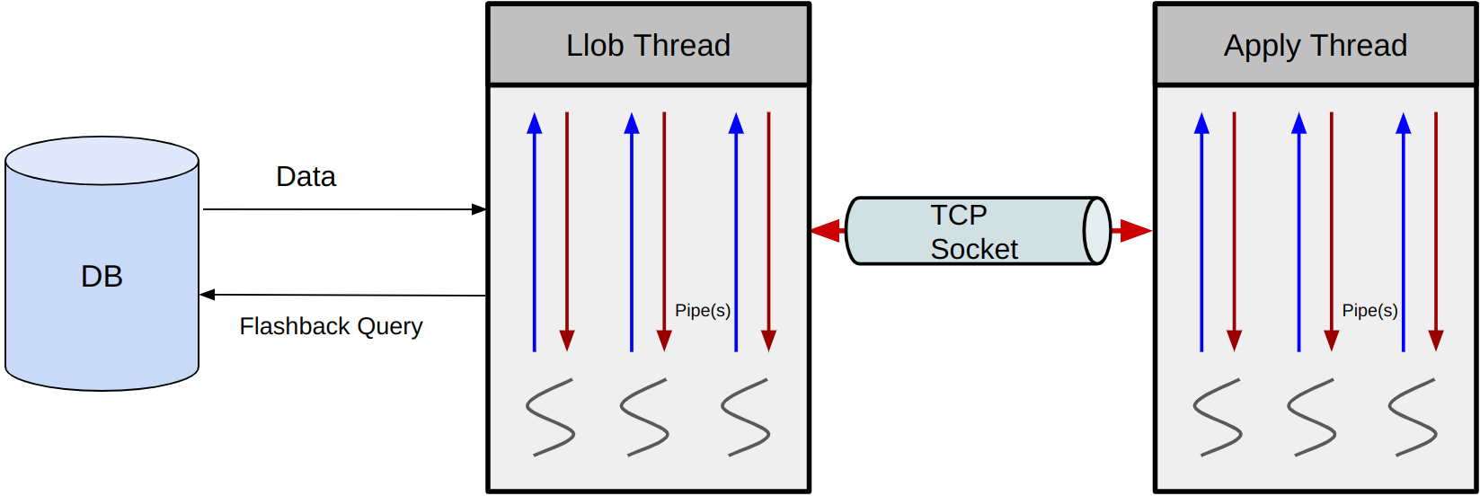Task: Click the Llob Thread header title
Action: click(648, 45)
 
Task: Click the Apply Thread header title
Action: click(1316, 45)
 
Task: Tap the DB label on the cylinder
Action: click(102, 277)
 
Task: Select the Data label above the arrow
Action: click(306, 177)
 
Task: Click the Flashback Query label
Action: click(331, 326)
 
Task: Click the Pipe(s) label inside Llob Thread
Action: click(703, 311)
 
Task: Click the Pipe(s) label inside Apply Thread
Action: click(1369, 311)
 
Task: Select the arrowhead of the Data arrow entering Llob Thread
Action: click(479, 209)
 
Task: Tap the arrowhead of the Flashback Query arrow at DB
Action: click(208, 295)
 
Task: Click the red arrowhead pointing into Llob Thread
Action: click(824, 231)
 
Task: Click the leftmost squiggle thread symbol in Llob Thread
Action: click(550, 417)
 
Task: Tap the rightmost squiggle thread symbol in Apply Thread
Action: click(1413, 417)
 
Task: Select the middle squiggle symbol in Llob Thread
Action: click(644, 417)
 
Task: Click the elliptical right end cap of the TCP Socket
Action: click(1097, 231)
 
